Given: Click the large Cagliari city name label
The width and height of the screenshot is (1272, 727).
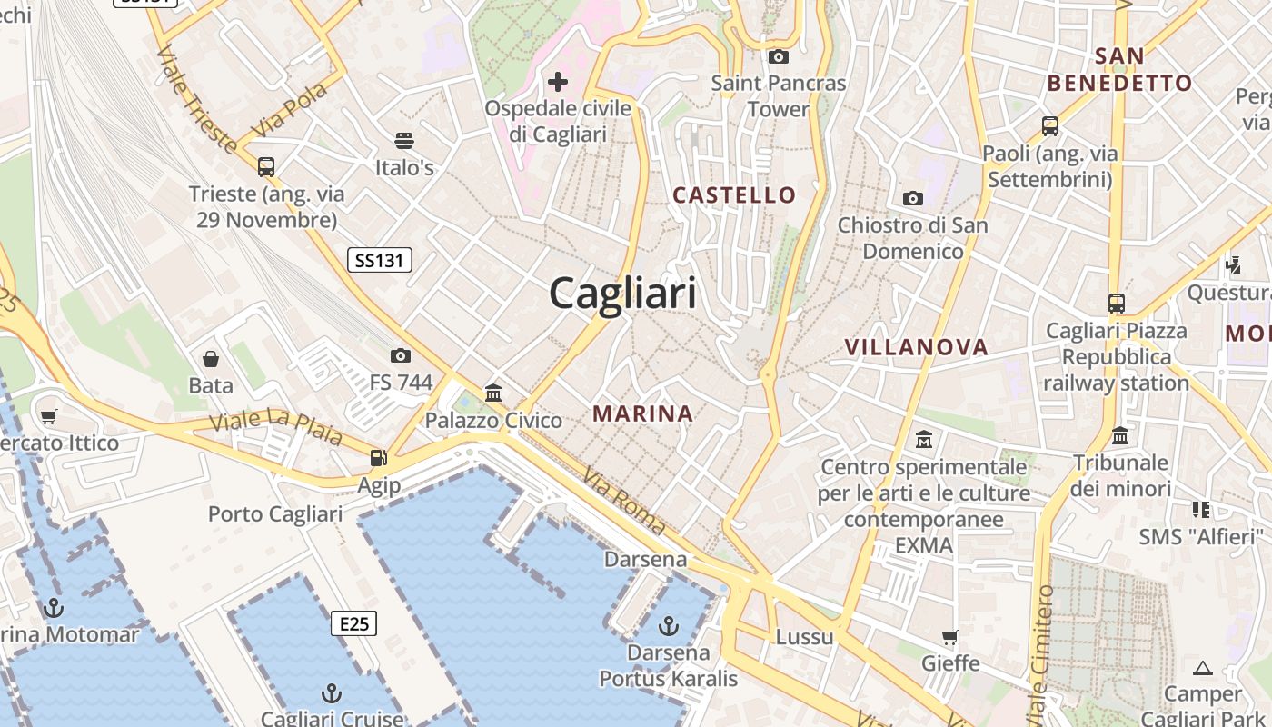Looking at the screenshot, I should click(622, 294).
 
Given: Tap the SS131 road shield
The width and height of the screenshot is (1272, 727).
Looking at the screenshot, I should click(380, 261).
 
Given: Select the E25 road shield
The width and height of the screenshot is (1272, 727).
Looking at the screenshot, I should click(353, 623).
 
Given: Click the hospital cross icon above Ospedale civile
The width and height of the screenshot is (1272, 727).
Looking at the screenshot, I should click(558, 82).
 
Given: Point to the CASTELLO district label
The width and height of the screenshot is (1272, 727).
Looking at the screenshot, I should click(734, 194).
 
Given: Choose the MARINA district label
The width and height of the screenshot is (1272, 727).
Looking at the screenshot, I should click(642, 413).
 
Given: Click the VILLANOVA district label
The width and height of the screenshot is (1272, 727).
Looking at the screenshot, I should click(916, 346).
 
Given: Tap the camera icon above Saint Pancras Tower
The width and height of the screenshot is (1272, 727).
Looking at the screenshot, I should click(778, 56).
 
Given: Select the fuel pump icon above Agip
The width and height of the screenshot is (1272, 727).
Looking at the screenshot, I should click(378, 457).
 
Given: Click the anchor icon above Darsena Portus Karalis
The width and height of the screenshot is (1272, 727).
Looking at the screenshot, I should click(669, 625).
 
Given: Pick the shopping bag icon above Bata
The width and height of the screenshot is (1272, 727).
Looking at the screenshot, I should click(211, 359).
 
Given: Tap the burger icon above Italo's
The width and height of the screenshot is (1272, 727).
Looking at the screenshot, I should click(404, 141).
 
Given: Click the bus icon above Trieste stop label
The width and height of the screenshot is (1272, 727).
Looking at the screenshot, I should click(265, 167).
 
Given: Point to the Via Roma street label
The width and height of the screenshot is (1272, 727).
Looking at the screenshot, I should click(624, 500).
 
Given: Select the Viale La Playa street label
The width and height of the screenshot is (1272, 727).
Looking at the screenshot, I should click(276, 426).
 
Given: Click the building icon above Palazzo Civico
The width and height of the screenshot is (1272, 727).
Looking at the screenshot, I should click(493, 393).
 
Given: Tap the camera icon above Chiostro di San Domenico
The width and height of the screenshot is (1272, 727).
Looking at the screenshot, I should click(912, 198).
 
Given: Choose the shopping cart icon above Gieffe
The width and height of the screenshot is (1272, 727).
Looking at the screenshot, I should click(950, 637).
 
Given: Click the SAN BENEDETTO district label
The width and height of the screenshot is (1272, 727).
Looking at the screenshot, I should click(1119, 69).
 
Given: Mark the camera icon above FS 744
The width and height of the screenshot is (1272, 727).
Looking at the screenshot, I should click(401, 355).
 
